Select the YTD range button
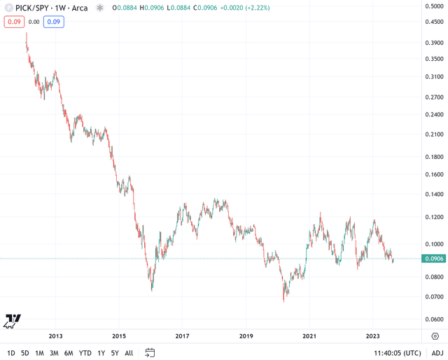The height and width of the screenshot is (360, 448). [x=85, y=353]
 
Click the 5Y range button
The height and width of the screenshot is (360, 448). [x=115, y=353]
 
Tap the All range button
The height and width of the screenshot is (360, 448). [x=129, y=353]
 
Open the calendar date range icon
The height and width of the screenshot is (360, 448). [x=150, y=353]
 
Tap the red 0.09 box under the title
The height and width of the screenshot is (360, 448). [x=14, y=22]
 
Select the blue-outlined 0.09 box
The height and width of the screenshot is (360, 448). [x=54, y=22]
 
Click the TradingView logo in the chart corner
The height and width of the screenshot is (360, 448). [x=13, y=320]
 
